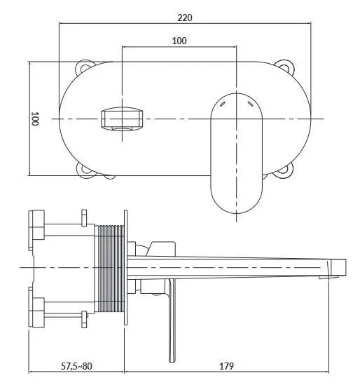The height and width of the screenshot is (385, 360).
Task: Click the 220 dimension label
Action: click(x=185, y=18)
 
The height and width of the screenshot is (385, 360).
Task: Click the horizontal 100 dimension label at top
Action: click(x=179, y=41)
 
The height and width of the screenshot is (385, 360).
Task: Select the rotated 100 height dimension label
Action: click(x=35, y=119)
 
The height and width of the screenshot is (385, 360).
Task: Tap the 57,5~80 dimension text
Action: click(x=76, y=366)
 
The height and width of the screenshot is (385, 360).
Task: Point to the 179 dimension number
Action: click(x=226, y=366)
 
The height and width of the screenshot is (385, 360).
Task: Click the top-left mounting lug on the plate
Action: click(x=84, y=67)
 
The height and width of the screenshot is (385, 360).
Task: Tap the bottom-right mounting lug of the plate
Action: click(x=284, y=170)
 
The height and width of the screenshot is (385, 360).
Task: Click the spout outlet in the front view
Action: click(x=122, y=119)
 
